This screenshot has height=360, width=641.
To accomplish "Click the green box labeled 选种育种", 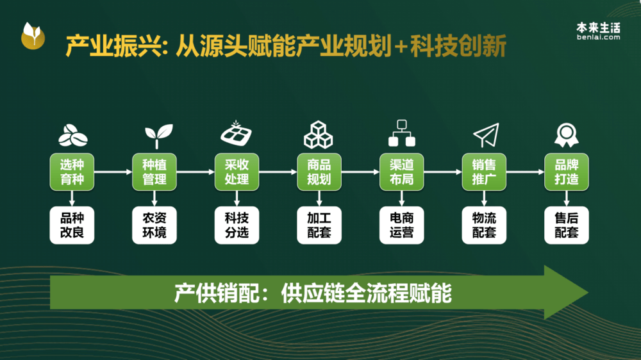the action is [72, 172].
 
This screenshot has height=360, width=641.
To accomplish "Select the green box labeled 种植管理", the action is [154, 172].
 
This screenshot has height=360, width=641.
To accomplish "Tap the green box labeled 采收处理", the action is [237, 172].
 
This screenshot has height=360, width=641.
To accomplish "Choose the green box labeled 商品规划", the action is [319, 172].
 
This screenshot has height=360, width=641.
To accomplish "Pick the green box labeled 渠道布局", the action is [401, 172].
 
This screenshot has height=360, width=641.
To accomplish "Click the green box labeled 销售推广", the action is [484, 172].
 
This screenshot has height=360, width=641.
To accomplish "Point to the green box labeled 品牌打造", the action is [567, 172].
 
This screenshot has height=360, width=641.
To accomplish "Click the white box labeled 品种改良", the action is [72, 225].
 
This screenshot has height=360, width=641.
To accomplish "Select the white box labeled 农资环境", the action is [154, 225].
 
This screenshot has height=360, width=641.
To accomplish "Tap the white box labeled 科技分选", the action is [237, 225].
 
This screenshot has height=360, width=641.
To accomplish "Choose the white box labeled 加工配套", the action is [319, 225].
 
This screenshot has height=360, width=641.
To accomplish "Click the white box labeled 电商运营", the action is [401, 225].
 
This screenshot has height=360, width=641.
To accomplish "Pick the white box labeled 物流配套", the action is [484, 225].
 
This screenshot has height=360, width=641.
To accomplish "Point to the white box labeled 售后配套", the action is [567, 225].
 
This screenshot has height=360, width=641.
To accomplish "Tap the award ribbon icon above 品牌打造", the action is [567, 135].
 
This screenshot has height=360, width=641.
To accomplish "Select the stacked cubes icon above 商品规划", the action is [319, 135].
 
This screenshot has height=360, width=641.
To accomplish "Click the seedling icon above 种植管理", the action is [158, 136].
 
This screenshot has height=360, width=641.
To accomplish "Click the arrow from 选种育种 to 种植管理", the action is [113, 172].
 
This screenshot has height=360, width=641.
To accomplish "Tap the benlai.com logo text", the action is [599, 37].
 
